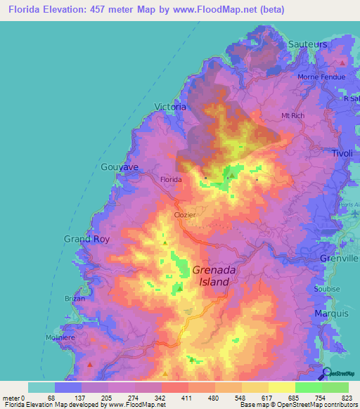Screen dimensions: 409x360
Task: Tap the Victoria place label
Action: [170, 108]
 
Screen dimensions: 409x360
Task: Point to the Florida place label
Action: [171, 180]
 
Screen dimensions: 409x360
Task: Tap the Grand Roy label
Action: [87, 239]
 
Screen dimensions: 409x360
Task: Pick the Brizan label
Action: [75, 299]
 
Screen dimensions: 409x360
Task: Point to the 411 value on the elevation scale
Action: [187, 398]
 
